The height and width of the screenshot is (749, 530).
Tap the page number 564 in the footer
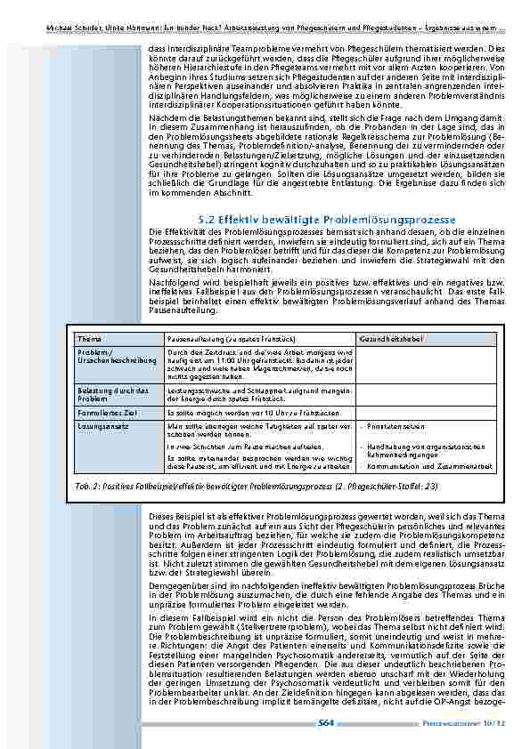[x=327, y=726]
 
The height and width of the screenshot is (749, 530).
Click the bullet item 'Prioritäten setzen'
[x=390, y=427]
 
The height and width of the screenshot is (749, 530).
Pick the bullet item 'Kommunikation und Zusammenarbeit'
[x=418, y=466]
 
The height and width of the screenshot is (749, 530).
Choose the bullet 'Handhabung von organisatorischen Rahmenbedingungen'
[x=422, y=449]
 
